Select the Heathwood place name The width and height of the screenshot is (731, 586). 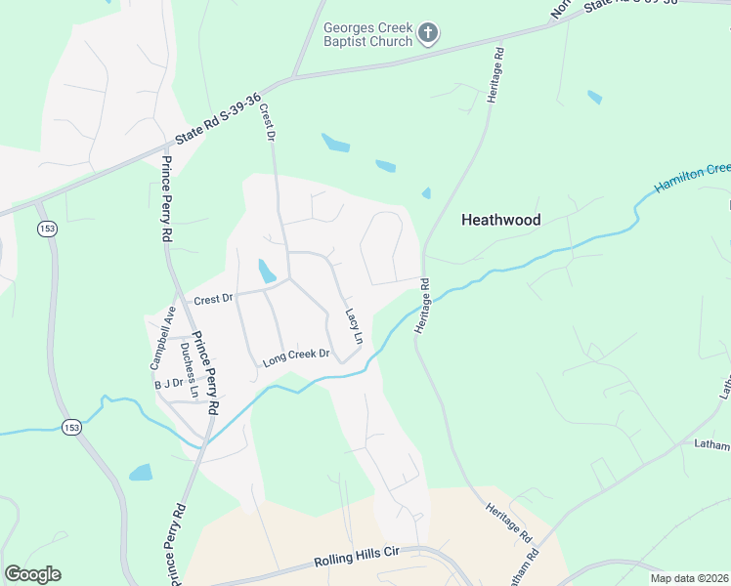tap(501, 221)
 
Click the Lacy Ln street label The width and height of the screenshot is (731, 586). tap(354, 327)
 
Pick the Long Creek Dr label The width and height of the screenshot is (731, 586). tap(296, 358)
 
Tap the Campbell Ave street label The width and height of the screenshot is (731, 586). tap(162, 337)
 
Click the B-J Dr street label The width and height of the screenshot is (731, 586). tap(169, 385)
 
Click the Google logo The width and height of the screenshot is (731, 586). tap(32, 574)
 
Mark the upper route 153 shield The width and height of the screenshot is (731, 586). tap(46, 228)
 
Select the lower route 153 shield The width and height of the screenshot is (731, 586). tap(70, 428)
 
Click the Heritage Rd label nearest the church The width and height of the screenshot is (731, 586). tap(498, 70)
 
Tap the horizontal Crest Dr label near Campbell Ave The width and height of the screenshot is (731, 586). tap(215, 300)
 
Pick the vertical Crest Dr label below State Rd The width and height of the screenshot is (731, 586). tap(266, 122)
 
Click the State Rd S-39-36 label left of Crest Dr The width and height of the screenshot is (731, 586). tap(218, 118)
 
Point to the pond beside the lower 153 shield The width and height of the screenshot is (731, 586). tap(141, 473)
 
